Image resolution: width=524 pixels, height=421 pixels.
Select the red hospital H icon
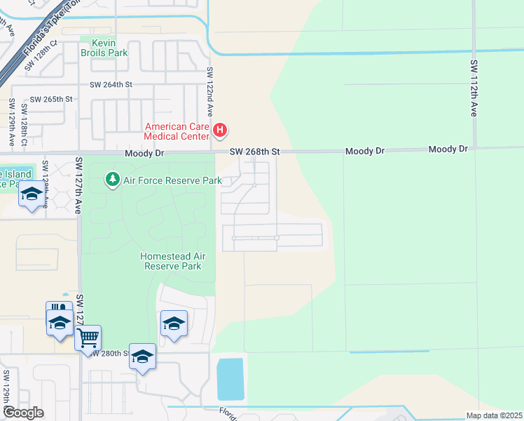tap(220, 129)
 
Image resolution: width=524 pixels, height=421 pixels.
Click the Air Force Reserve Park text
tap(172, 180)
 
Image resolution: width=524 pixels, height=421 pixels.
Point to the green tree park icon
tap(112, 180)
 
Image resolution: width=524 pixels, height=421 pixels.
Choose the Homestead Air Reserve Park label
tap(171, 261)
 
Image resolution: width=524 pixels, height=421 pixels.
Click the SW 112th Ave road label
tap(474, 88)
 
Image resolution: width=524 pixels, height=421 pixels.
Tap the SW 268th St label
tap(256, 152)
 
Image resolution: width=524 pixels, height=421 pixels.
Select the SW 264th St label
tap(111, 84)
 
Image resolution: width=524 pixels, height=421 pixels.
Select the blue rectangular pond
tap(230, 380)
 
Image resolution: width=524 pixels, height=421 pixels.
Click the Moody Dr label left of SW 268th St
tap(144, 153)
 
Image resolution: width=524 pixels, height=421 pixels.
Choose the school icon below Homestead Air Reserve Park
tap(174, 323)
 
